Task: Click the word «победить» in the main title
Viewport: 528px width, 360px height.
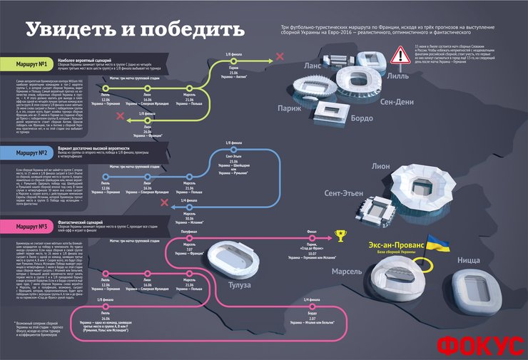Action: pos(192,30)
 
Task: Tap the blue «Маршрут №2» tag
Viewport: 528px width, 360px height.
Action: pos(32,153)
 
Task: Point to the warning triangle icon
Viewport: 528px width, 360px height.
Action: pos(397,55)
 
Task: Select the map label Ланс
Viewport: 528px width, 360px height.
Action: pos(313,66)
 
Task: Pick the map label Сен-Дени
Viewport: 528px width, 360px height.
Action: pos(397,102)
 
